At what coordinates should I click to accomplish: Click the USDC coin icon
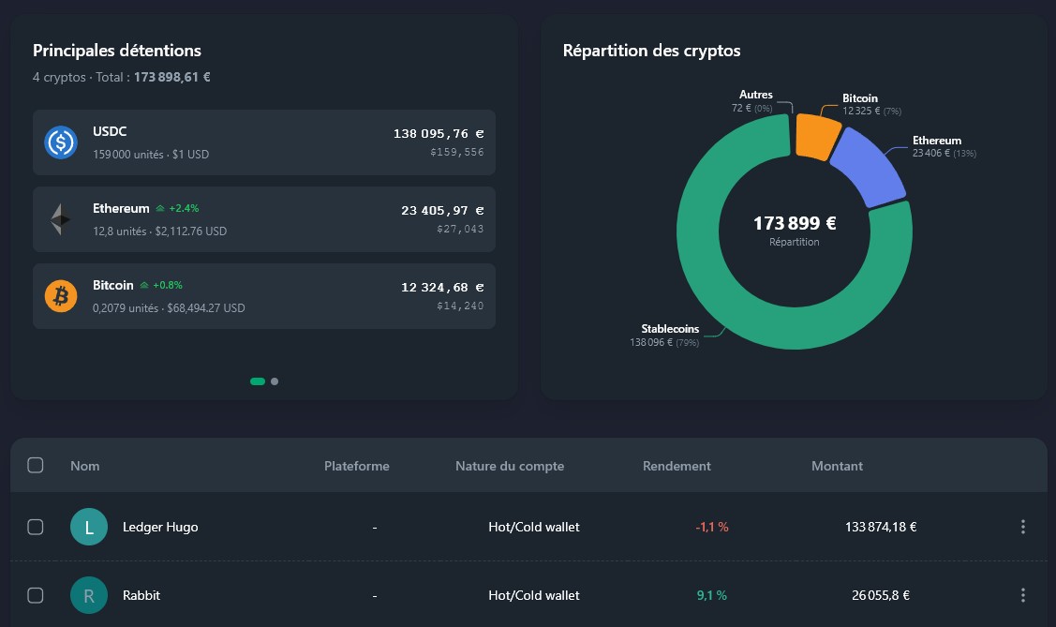coord(61,142)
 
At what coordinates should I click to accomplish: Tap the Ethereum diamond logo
coord(61,219)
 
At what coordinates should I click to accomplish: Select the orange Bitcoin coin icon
coord(61,296)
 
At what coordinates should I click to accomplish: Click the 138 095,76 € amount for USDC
coord(439,134)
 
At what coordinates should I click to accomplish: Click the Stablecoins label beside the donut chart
coord(669,329)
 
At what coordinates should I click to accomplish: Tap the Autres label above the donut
coord(755,95)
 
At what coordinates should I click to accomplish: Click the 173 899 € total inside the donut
coord(795,224)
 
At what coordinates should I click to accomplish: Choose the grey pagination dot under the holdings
coord(275,381)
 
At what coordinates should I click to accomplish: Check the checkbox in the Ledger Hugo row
coord(36,527)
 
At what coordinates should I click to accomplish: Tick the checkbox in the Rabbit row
coord(36,595)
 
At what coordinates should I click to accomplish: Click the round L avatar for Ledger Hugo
coord(89,527)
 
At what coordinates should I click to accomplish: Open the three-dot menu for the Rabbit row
coord(1023,595)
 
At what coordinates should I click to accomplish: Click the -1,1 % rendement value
coord(712,527)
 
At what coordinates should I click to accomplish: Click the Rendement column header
coord(677,466)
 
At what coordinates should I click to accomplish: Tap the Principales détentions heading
coord(117,51)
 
